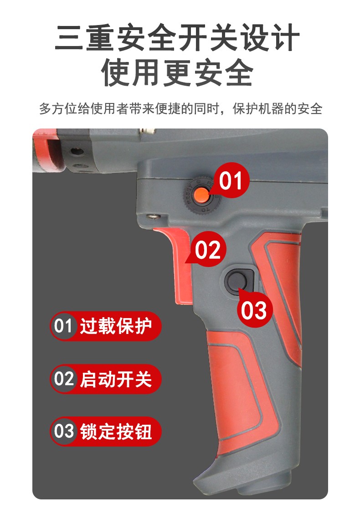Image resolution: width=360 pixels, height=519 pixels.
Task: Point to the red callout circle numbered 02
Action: tap(207, 249)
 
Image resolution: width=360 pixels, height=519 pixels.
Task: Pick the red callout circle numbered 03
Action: tap(254, 310)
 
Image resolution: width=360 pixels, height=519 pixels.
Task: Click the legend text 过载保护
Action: tap(116, 326)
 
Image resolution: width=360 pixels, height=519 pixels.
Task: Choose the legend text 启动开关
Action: tap(116, 379)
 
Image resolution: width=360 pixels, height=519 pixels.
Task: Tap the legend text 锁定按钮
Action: tap(116, 432)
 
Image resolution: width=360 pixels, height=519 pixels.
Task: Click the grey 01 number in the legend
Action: tap(63, 326)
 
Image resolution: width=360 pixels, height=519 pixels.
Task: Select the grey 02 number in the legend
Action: tap(63, 379)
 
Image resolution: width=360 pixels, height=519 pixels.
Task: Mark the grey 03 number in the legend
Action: tap(63, 432)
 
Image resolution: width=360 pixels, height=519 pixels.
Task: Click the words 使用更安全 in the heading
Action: tap(177, 72)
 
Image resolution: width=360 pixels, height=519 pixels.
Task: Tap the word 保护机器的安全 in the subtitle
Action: tap(277, 108)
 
